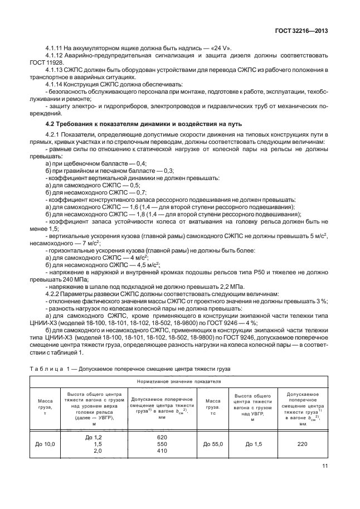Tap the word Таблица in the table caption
[46, 368]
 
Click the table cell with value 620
[162, 438]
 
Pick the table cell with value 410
[162, 450]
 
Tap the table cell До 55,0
[214, 444]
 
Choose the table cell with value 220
[303, 444]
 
